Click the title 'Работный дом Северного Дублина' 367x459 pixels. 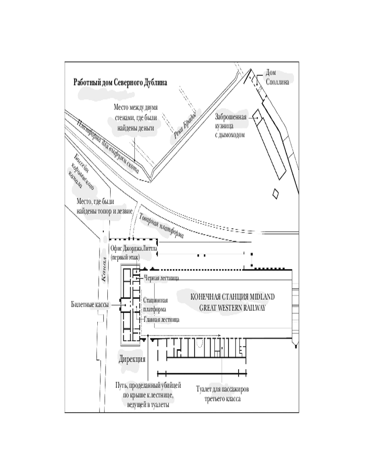[120, 83]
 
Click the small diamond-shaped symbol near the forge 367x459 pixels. [275, 194]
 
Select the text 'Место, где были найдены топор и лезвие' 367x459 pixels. [105, 207]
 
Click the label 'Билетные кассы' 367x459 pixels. [89, 304]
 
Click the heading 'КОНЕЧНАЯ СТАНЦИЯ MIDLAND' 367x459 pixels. [233, 297]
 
